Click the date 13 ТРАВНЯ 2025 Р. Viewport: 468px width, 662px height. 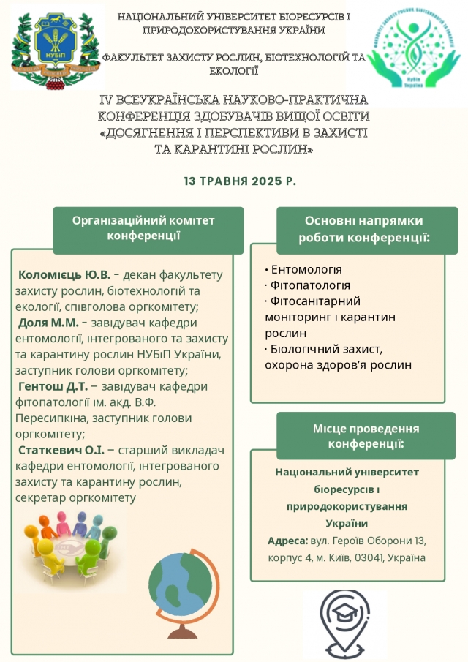click(239, 181)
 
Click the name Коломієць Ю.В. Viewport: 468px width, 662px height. click(64, 275)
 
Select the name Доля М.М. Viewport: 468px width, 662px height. click(48, 323)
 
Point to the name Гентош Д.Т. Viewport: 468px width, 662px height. click(53, 386)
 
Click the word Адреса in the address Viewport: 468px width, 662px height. click(287, 541)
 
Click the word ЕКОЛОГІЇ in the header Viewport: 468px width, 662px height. click(234, 71)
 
